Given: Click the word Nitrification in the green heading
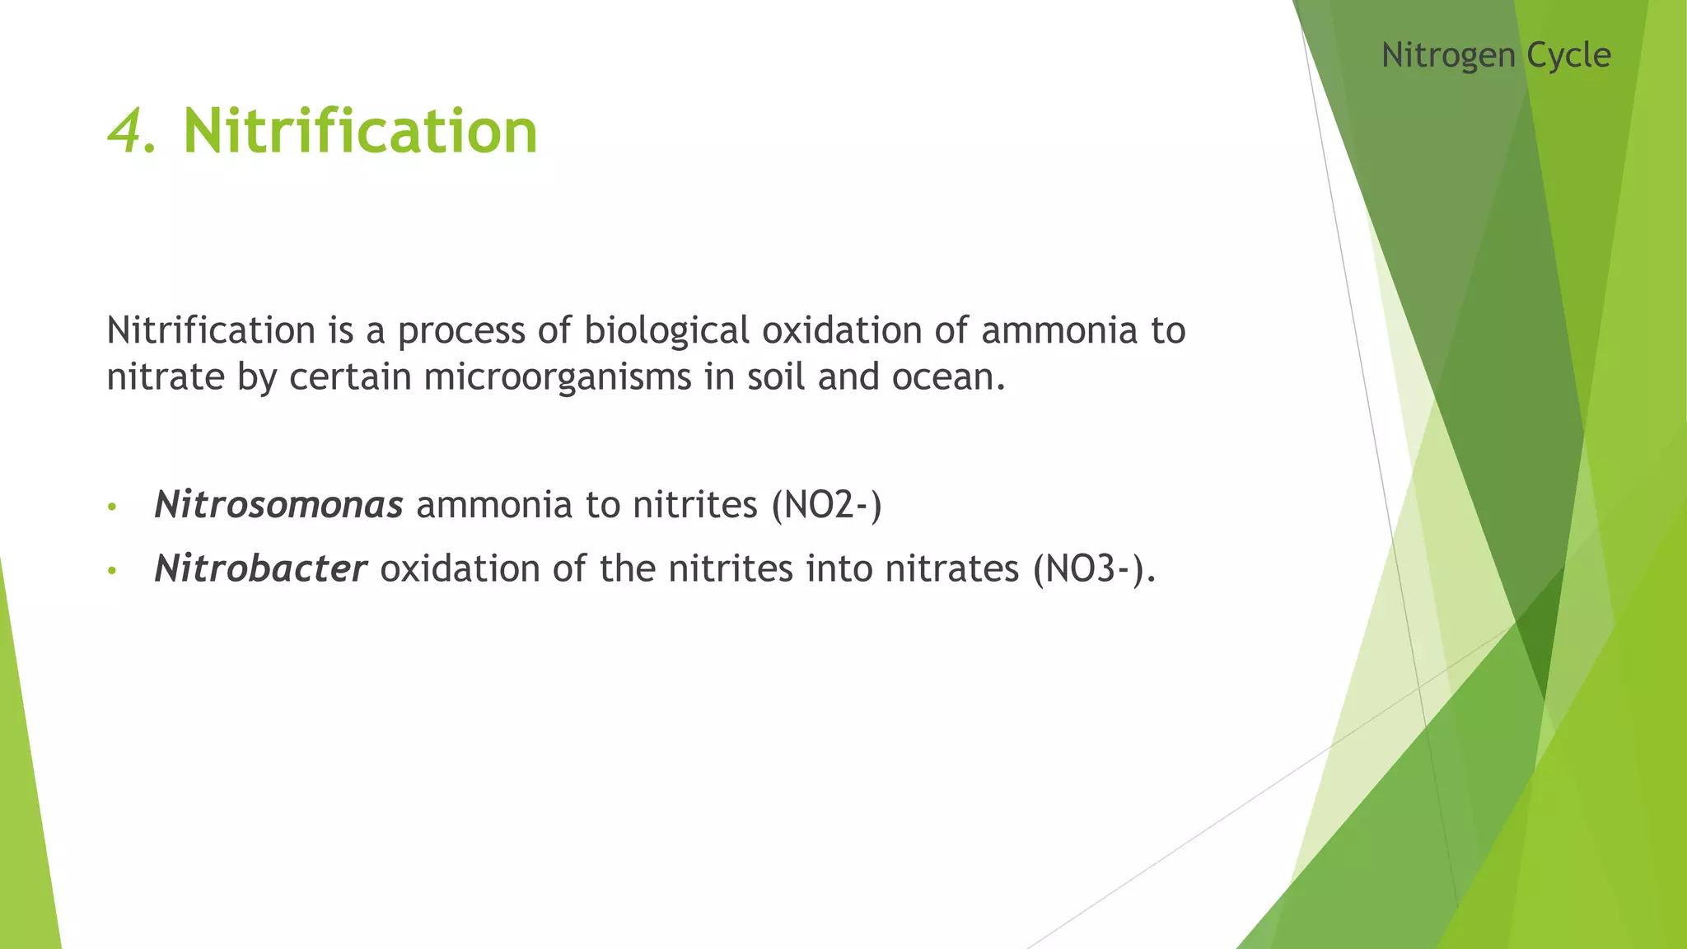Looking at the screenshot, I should tap(360, 132).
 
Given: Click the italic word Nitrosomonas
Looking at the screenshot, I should tap(278, 504).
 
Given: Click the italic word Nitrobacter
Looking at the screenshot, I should tap(260, 568).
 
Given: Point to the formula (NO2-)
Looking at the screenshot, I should tap(826, 504).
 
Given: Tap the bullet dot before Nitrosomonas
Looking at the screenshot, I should tap(112, 507).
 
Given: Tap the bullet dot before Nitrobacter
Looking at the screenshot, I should tap(112, 570).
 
